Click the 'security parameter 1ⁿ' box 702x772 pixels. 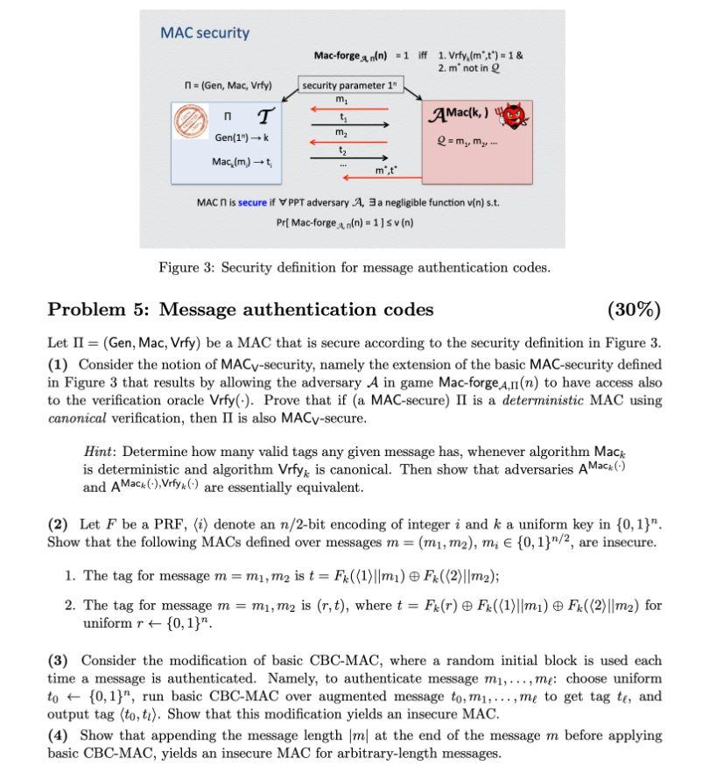(x=344, y=86)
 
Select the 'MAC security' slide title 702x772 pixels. (x=205, y=33)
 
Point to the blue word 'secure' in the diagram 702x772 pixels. (x=252, y=202)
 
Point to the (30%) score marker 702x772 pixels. (x=633, y=309)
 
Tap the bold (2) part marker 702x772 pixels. (x=57, y=524)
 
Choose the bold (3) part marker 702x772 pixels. (x=57, y=657)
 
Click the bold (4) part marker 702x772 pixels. (x=57, y=734)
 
